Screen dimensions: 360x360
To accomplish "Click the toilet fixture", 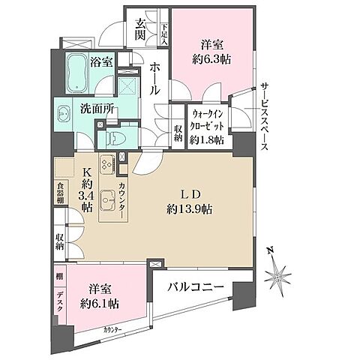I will click(113, 138).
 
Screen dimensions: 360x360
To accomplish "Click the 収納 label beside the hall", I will click(177, 133).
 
